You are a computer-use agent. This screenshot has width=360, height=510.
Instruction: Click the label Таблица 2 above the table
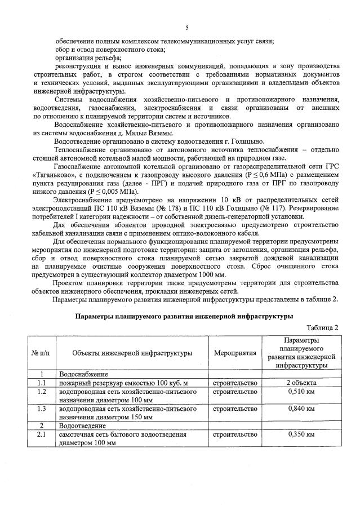click(x=322, y=327)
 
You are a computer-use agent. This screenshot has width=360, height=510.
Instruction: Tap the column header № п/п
click(x=41, y=353)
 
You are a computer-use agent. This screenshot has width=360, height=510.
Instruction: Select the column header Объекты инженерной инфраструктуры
click(x=133, y=353)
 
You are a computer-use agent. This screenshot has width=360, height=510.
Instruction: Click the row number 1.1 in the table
click(x=41, y=383)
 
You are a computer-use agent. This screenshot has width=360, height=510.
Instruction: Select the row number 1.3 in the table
click(x=41, y=408)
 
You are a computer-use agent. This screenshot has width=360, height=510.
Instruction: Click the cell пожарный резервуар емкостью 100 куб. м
click(x=123, y=383)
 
